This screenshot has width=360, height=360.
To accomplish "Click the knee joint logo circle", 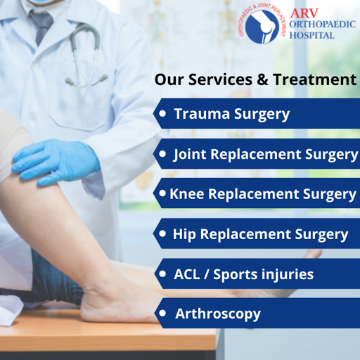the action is (x=262, y=26).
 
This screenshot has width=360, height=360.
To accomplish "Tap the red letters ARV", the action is (x=304, y=13).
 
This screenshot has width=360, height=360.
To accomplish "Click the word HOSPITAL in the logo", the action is (x=312, y=35).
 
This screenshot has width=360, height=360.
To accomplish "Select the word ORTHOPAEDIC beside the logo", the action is (x=323, y=25).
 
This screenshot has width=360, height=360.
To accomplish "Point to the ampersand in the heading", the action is (x=262, y=79).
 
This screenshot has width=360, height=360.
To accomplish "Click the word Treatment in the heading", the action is (x=314, y=79).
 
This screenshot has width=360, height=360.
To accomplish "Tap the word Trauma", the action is (x=202, y=114).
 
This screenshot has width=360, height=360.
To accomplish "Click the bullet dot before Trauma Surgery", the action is (x=162, y=113).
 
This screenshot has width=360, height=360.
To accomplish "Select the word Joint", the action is (x=190, y=155).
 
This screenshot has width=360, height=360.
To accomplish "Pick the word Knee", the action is (x=187, y=194).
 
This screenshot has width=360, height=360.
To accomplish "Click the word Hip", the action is (x=184, y=234).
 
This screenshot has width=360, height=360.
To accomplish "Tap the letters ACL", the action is (x=187, y=274).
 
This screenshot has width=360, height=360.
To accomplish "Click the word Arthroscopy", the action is (x=218, y=314).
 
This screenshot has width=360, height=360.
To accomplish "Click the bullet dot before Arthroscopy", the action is (x=162, y=313).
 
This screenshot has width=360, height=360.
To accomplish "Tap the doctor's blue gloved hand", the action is (x=56, y=161).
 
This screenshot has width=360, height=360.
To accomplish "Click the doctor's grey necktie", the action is (x=41, y=27).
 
